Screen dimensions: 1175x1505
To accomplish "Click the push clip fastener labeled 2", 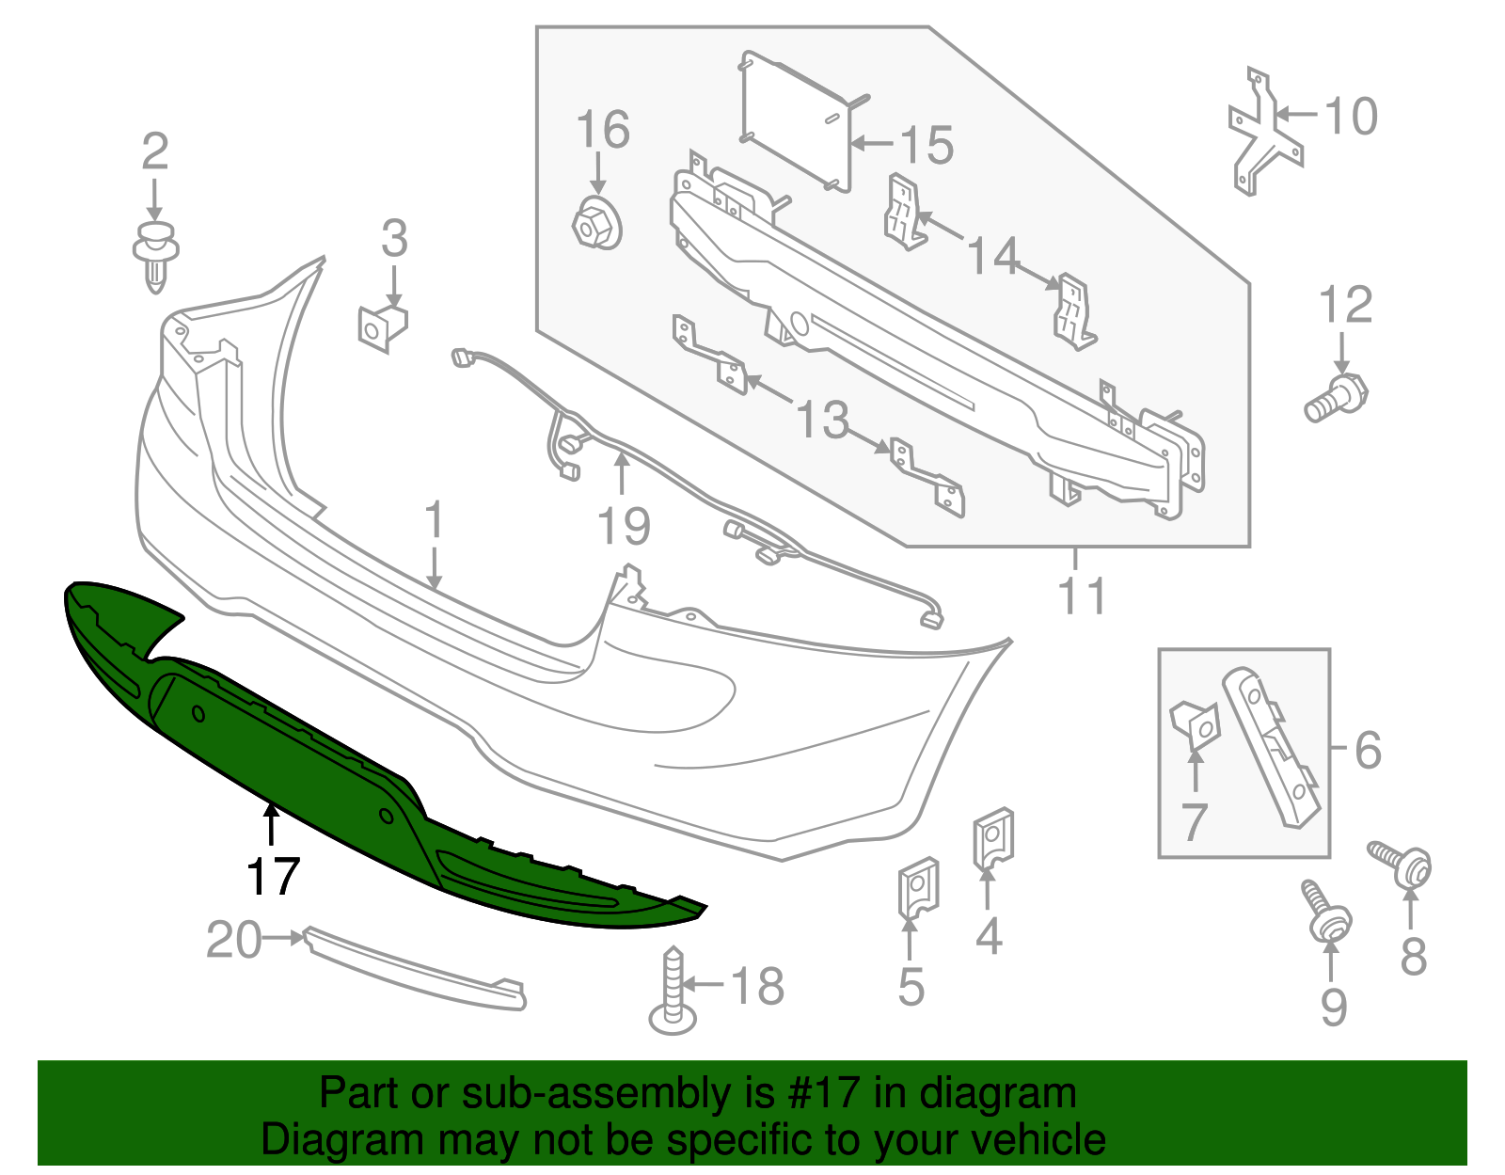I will tap(155, 254).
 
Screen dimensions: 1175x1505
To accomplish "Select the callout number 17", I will tap(273, 877).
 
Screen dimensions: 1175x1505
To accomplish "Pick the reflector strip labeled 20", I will tap(414, 969).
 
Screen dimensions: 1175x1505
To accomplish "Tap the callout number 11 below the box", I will tap(1083, 595).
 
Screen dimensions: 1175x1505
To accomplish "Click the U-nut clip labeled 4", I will tap(992, 835).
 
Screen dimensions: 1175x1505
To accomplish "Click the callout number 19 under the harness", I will tap(624, 526).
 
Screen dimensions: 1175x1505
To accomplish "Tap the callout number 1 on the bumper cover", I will tap(433, 520).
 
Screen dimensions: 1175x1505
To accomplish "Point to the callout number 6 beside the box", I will tap(1369, 750).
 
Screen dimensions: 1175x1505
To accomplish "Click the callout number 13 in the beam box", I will tap(822, 421).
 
